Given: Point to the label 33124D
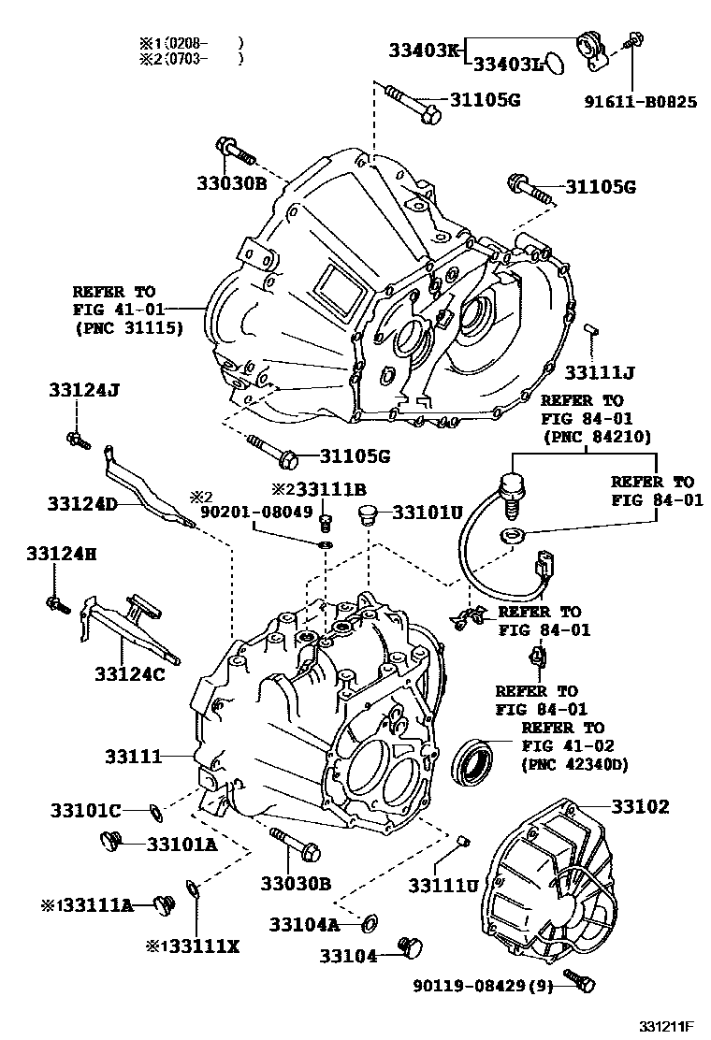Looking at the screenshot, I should pyautogui.click(x=82, y=504).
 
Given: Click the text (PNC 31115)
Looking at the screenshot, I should pyautogui.click(x=127, y=327).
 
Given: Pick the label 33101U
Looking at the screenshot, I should pyautogui.click(x=428, y=513).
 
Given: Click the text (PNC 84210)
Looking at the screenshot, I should pyautogui.click(x=596, y=436).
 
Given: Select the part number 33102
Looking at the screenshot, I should pyautogui.click(x=641, y=805).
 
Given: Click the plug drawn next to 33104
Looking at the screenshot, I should pyautogui.click(x=409, y=946).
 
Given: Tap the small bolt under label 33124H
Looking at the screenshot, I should pyautogui.click(x=55, y=603).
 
